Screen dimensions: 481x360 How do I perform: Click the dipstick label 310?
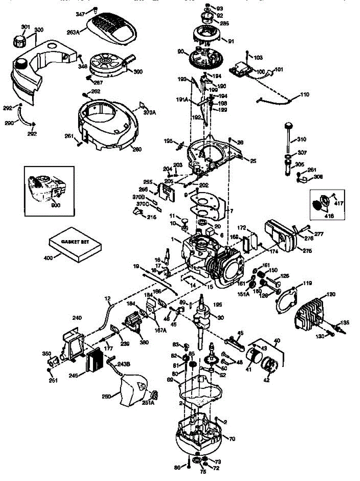click(x=301, y=140)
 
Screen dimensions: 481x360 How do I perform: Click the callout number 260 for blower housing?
click(x=137, y=150)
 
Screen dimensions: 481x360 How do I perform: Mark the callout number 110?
click(x=305, y=95)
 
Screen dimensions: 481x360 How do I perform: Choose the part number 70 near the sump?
click(x=232, y=439)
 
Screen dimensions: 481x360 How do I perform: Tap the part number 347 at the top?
click(x=81, y=14)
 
